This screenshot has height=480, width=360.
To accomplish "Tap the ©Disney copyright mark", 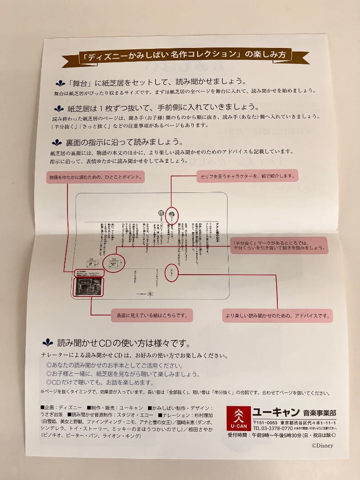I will pyautogui.click(x=322, y=445).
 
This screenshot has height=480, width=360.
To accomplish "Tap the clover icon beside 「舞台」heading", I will pyautogui.click(x=60, y=83).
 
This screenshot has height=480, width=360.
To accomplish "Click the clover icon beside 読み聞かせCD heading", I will pyautogui.click(x=48, y=343).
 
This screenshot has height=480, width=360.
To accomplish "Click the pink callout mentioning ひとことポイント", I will pyautogui.click(x=96, y=177).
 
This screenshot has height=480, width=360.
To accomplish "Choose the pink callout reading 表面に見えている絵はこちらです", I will pyautogui.click(x=152, y=316).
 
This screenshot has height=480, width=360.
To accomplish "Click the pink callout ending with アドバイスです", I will pyautogui.click(x=278, y=316).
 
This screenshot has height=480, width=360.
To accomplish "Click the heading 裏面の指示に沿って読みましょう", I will pyautogui.click(x=118, y=143).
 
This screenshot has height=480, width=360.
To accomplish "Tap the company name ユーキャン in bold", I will pyautogui.click(x=276, y=411).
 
